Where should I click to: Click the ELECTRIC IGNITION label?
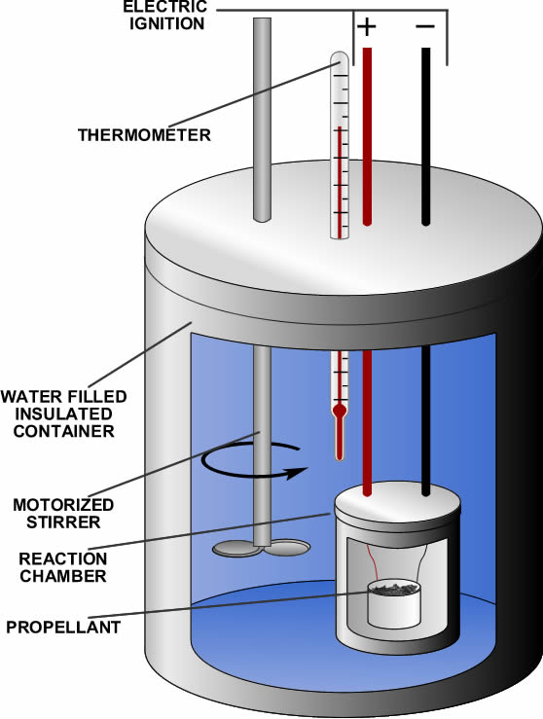165,16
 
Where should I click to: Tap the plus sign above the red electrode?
367,26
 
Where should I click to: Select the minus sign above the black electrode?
425,26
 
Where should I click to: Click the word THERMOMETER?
144,135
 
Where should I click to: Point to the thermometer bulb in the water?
340,410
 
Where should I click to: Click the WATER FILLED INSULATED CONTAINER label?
64,413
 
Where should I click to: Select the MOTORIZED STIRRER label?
63,513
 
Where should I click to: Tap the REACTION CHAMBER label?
63,567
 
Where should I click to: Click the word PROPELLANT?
63,627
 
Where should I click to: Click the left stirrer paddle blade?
234,548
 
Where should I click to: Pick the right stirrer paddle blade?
288,547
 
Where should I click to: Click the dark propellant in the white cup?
394,588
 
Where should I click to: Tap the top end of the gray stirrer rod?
262,18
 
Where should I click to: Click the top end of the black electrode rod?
425,49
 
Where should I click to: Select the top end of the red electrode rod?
367,49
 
